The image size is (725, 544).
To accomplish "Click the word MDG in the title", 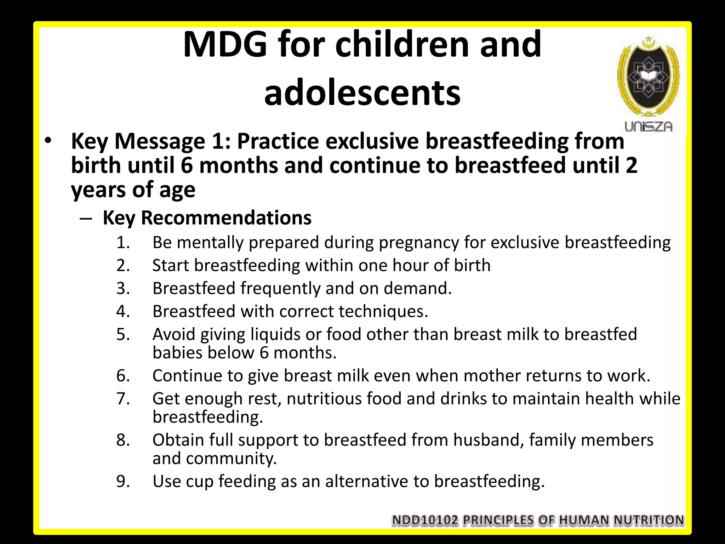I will point(225,45).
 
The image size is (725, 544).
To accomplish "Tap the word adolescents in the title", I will point(362,93).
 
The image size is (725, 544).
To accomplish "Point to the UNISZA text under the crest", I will point(648,126).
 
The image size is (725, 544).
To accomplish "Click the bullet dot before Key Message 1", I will point(48,141).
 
